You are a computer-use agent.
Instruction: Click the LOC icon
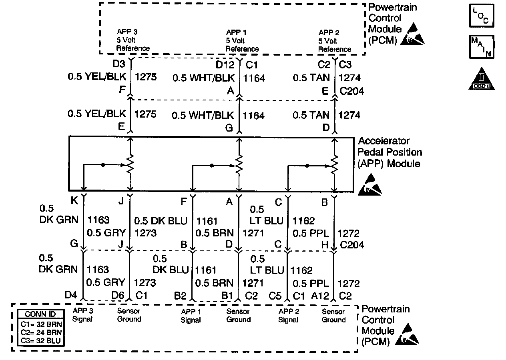coord(482,16)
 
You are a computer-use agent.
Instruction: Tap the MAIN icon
coord(482,47)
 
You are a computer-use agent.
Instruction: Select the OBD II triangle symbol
coord(482,78)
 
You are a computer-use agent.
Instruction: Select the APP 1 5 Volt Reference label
coord(242,40)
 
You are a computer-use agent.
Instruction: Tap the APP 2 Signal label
coord(289,316)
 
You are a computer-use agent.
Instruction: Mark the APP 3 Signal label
coord(82,315)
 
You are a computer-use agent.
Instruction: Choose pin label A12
coord(321,296)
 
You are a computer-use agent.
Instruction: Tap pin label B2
coord(180,296)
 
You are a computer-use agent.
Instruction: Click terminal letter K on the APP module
coord(74,202)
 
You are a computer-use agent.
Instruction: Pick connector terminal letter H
coord(325,245)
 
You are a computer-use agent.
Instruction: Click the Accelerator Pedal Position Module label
coord(390,152)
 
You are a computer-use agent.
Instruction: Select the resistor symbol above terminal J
coord(130,164)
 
